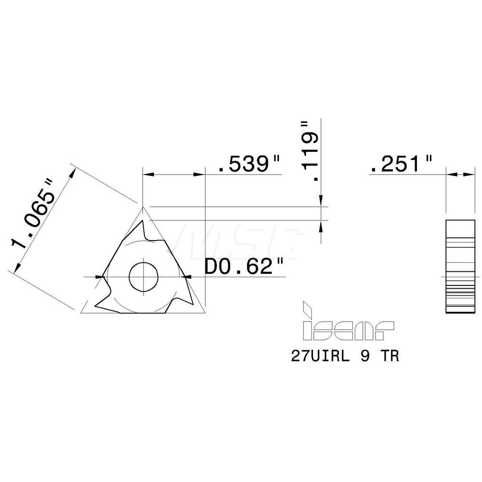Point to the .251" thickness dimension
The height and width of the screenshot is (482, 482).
coord(401,165)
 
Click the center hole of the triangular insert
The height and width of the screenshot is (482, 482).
coord(143,277)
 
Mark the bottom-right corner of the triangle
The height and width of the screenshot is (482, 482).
coord(204,312)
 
